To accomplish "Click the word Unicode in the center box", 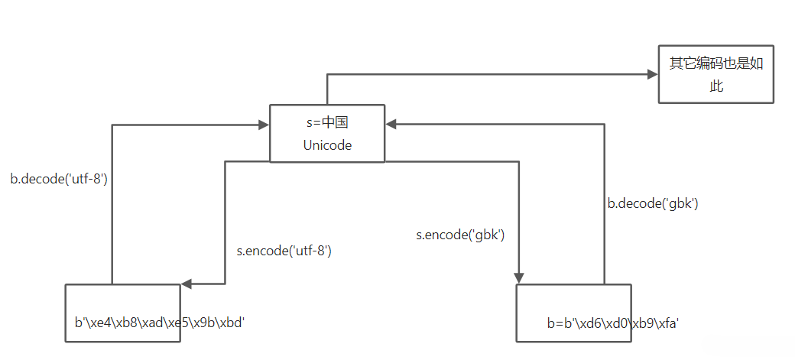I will tap(327, 145).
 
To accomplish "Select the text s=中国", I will tap(327, 122).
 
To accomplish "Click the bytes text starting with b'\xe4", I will tap(159, 323).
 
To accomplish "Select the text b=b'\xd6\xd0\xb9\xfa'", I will tap(613, 323).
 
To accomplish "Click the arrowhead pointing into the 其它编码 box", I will tap(652, 74).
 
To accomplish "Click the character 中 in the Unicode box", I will tap(329, 122).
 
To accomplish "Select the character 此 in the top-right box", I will tap(716, 86).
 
